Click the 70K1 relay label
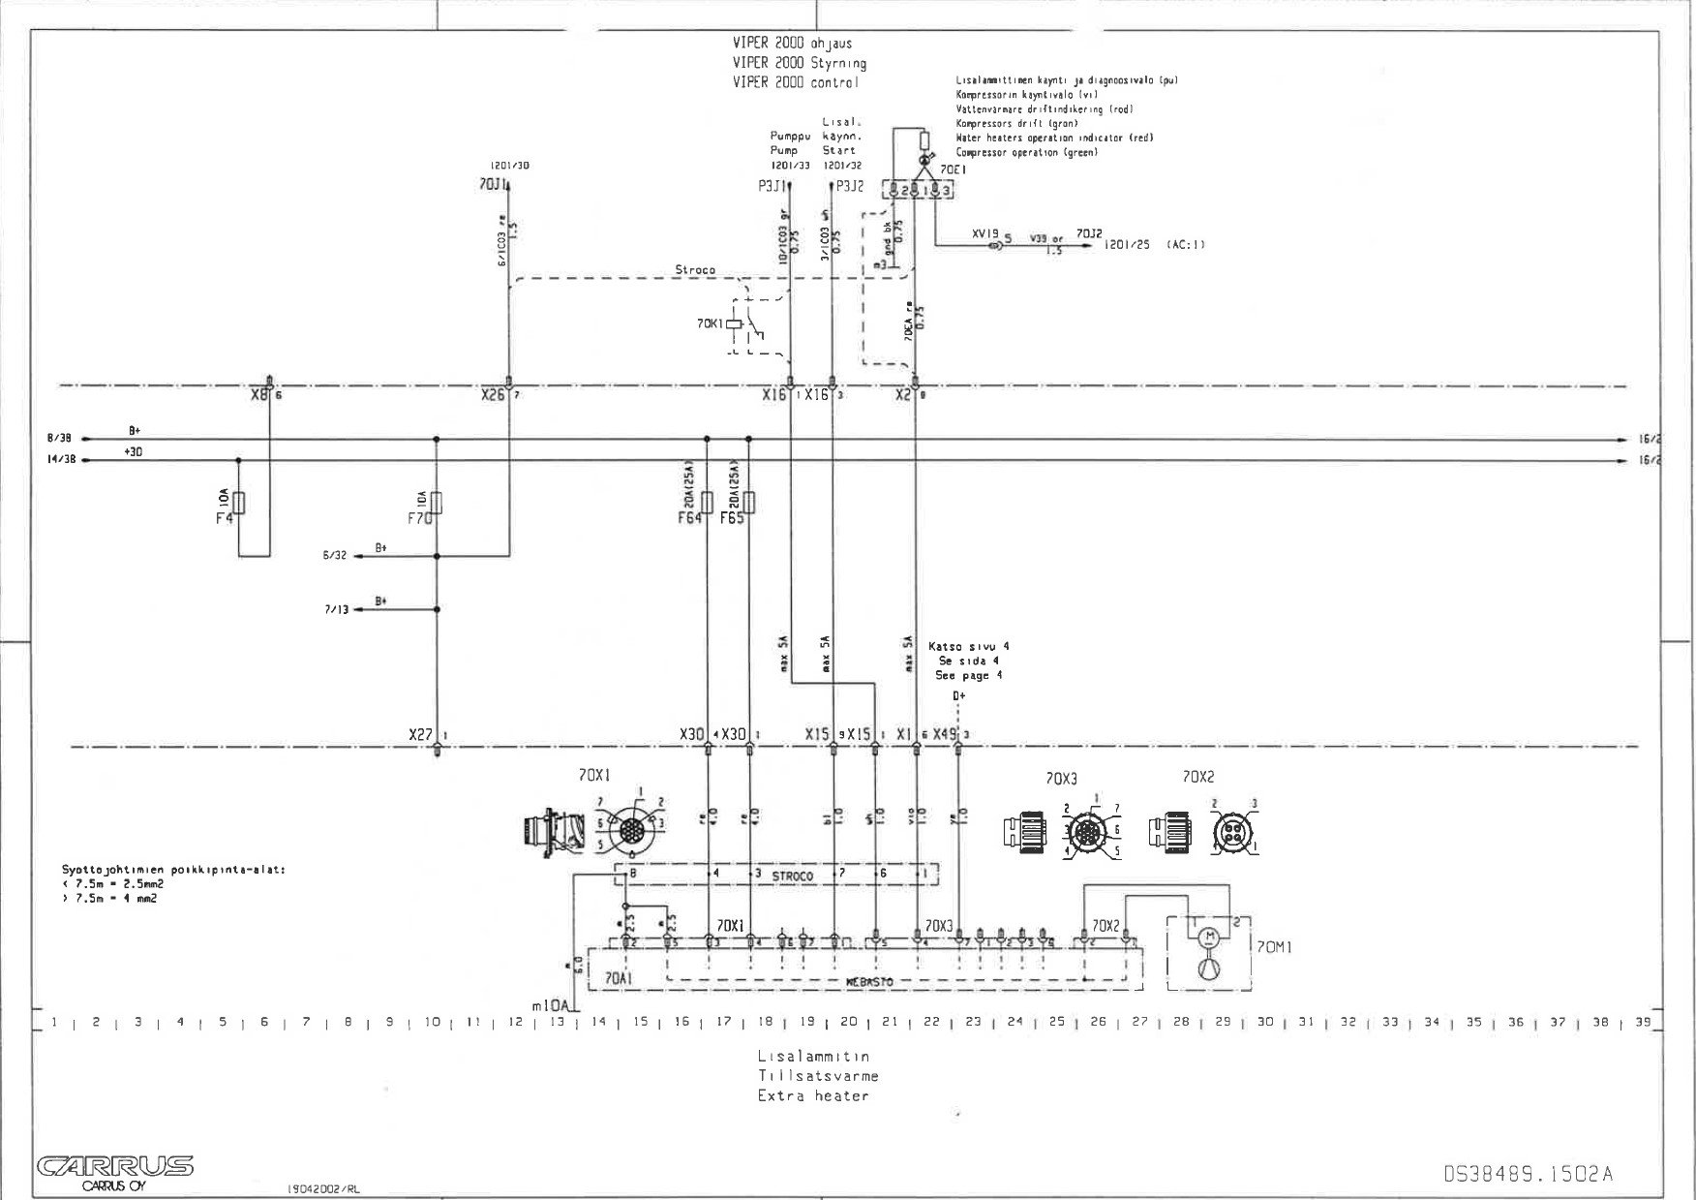(710, 323)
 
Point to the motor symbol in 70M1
(1207, 937)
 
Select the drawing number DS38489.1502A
(1528, 1174)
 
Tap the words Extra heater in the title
(813, 1095)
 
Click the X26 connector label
(493, 395)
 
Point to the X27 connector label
(421, 735)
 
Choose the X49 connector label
(945, 735)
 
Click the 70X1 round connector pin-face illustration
(630, 830)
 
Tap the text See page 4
(968, 675)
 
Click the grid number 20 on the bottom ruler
(848, 1022)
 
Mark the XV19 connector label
(984, 234)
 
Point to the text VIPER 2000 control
(795, 83)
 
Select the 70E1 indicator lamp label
(954, 169)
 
